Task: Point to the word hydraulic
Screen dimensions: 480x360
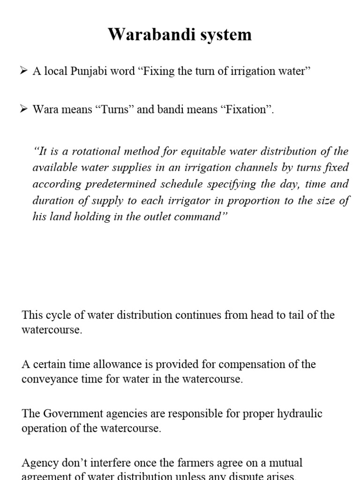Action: [x=297, y=414]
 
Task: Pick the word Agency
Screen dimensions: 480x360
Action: [x=38, y=463]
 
